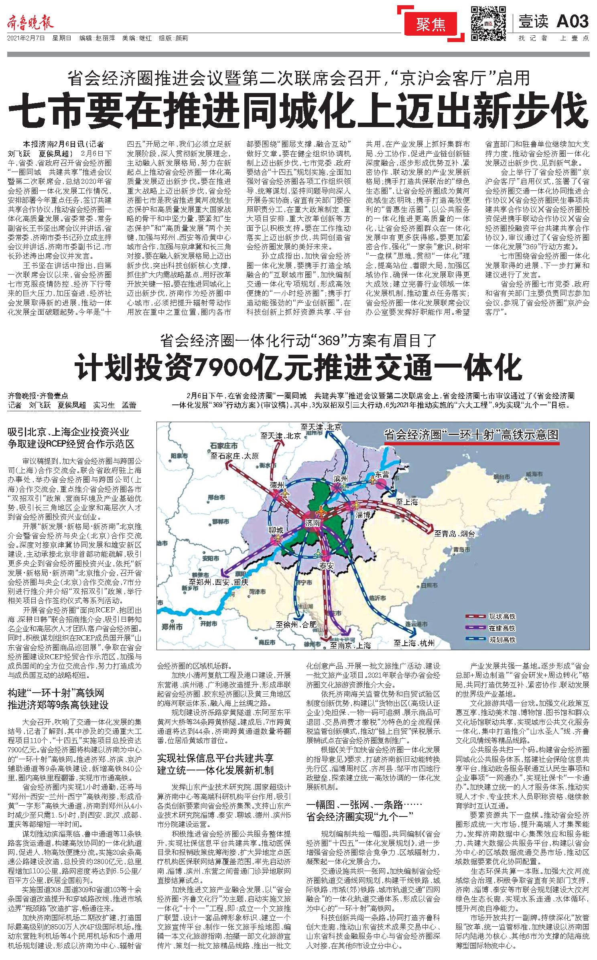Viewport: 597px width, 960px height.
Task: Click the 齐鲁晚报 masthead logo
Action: pyautogui.click(x=30, y=23)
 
